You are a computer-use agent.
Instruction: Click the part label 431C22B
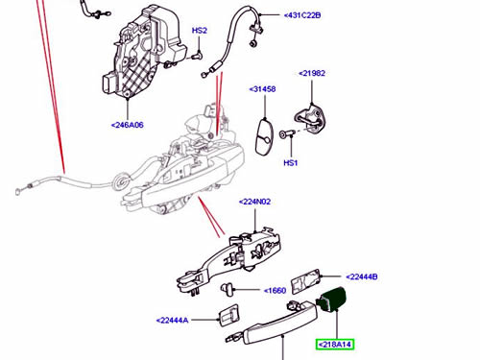(302, 15)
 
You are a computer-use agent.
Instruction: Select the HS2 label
(200, 31)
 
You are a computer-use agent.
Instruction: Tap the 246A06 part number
(127, 125)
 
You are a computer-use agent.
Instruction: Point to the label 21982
(312, 73)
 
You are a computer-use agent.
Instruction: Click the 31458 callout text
(262, 89)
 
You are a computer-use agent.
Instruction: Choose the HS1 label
(291, 163)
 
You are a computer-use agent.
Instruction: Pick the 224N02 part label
(254, 202)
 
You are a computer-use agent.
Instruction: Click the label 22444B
(362, 276)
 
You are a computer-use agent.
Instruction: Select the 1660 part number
(275, 291)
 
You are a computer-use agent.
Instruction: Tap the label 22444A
(172, 320)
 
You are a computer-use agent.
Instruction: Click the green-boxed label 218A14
(335, 345)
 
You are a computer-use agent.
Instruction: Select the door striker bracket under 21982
(310, 119)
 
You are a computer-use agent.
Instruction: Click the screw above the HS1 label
(286, 134)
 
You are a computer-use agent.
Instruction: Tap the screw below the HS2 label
(198, 56)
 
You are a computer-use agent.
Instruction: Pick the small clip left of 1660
(228, 289)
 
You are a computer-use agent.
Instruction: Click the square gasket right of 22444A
(228, 315)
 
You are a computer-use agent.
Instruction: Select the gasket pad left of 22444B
(305, 281)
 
